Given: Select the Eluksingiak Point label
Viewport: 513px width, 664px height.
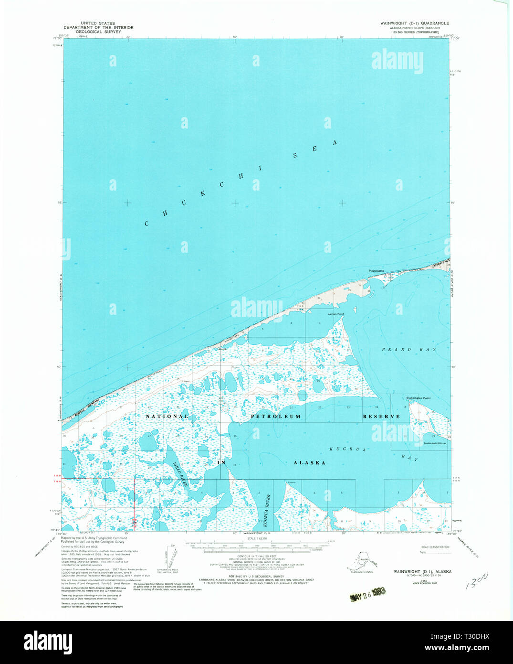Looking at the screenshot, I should coord(418,397).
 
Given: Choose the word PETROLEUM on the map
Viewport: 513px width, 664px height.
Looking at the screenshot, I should coord(276,417).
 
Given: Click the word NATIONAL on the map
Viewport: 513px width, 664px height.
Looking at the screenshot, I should coord(167,417).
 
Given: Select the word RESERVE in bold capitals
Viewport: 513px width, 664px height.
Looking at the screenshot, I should coord(381,417).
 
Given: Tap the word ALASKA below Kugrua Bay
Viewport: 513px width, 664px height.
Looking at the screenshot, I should coord(309,463).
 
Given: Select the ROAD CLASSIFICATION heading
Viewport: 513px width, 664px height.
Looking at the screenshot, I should coord(435,547).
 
